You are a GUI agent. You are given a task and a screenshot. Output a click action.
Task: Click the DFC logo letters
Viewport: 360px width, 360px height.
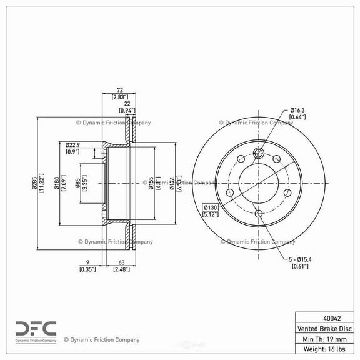point(36,327)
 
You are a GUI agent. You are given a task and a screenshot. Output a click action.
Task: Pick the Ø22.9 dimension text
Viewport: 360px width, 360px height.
point(73,144)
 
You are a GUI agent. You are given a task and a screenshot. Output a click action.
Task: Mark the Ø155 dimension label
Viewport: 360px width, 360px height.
point(151,182)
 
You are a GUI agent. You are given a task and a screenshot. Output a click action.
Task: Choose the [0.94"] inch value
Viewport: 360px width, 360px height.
point(128,111)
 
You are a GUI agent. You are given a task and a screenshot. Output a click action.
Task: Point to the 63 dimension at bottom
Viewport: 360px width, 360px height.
point(120,263)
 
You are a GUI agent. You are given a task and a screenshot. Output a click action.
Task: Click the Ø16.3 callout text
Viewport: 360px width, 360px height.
point(297,110)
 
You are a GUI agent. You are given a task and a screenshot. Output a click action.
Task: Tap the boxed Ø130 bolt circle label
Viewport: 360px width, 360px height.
point(210,207)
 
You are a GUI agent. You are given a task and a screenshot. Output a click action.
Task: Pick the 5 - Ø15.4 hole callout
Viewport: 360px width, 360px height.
point(300,260)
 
